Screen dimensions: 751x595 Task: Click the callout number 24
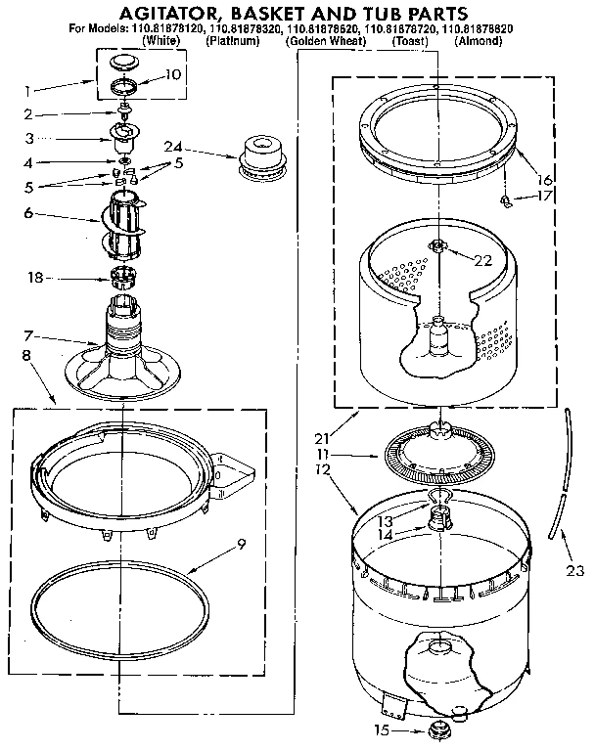[x=172, y=147]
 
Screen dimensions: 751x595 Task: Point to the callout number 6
[x=28, y=212]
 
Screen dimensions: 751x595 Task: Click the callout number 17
[x=544, y=196]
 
